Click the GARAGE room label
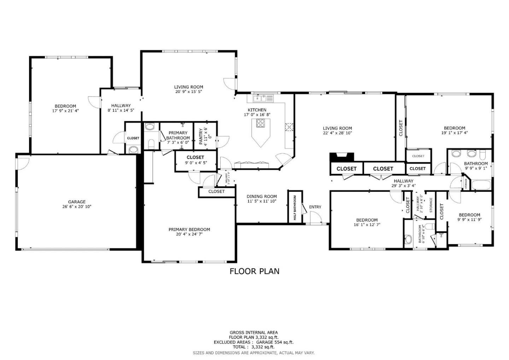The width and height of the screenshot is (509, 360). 77,202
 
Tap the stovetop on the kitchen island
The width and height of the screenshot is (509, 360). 261,123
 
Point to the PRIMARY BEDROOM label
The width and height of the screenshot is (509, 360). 189,230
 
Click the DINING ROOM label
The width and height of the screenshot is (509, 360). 262,196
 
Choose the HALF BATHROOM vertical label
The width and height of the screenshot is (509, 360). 295,208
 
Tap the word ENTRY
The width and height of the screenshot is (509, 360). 315,207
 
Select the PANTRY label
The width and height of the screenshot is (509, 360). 201,137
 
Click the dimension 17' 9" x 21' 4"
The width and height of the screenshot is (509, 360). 65,111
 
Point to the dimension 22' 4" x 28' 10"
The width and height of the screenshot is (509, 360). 337,133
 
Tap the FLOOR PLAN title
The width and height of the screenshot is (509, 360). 254,271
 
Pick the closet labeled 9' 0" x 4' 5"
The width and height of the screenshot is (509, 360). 195,160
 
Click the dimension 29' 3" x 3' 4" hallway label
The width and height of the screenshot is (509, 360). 403,186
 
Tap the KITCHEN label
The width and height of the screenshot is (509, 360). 257,110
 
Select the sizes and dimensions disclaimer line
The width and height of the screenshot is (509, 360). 253,353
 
